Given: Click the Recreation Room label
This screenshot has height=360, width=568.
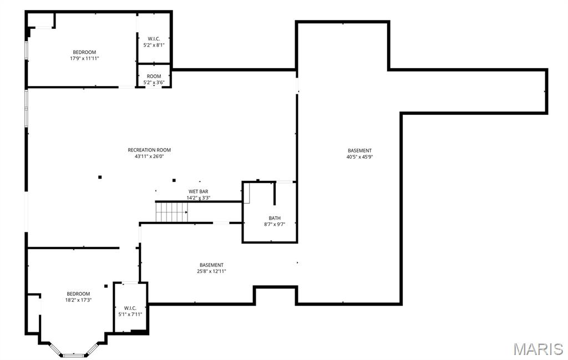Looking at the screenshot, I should click(149, 150).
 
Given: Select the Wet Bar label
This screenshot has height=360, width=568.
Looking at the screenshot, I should click(198, 191).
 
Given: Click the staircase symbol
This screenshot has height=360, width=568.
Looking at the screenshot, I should click(172, 212).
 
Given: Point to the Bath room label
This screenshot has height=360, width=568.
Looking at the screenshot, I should click(274, 218).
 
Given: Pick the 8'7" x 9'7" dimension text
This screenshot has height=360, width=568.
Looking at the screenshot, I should click(274, 225).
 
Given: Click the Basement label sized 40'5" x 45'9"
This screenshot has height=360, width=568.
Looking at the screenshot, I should click(359, 150).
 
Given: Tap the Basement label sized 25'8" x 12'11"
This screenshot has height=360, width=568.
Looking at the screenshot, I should click(211, 265).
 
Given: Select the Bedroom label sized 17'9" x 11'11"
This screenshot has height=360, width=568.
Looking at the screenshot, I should click(84, 52).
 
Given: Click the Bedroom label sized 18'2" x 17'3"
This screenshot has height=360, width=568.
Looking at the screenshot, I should click(78, 294).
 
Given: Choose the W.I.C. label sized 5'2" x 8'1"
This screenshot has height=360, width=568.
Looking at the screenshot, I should click(154, 38).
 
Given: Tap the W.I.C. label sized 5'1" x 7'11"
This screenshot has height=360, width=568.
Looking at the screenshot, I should click(130, 308).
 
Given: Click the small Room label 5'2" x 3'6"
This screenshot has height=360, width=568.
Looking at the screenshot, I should click(154, 76).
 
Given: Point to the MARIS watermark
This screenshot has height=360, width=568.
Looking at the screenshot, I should click(538, 349).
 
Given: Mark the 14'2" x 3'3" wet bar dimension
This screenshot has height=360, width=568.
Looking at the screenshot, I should click(198, 197).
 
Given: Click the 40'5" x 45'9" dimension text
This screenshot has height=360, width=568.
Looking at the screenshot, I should click(359, 157).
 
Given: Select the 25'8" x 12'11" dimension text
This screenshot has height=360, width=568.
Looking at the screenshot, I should click(211, 271).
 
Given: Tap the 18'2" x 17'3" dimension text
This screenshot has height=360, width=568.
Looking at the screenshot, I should click(78, 300).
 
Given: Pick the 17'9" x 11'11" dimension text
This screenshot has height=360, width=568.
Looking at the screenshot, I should click(84, 58).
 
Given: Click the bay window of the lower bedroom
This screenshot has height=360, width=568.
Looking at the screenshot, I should click(73, 354).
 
